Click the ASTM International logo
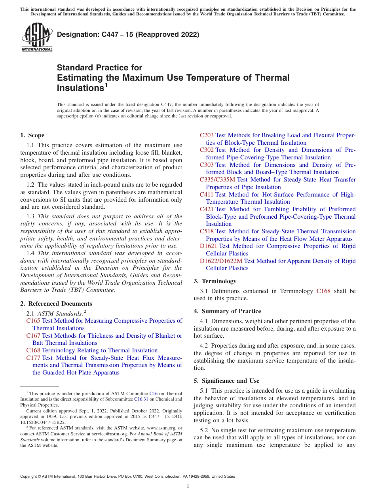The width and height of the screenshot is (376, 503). (36, 38)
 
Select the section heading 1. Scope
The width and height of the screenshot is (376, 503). (32, 135)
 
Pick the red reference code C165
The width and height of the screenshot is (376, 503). (33, 321)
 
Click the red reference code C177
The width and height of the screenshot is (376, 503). (33, 357)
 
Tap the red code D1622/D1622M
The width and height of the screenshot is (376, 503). (221, 261)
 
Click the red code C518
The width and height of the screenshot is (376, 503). (207, 231)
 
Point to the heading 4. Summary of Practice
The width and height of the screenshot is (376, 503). (227, 311)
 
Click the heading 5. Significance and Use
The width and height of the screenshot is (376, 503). (226, 381)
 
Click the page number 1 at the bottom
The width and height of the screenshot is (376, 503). (188, 486)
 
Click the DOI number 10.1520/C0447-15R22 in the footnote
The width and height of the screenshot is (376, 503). (43, 422)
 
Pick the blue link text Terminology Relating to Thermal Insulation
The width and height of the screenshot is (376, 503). (100, 350)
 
